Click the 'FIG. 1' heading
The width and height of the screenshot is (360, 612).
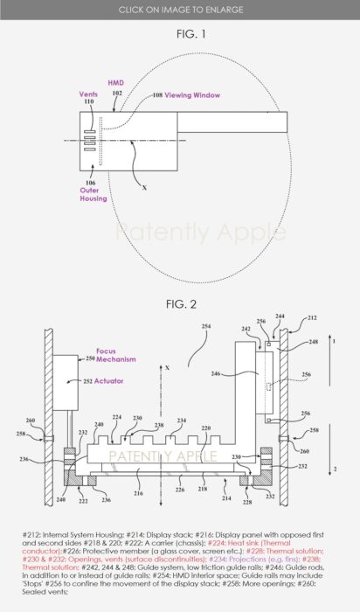pyautogui.click(x=179, y=33)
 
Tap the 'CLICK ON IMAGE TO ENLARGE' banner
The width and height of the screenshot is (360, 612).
pyautogui.click(x=180, y=9)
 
